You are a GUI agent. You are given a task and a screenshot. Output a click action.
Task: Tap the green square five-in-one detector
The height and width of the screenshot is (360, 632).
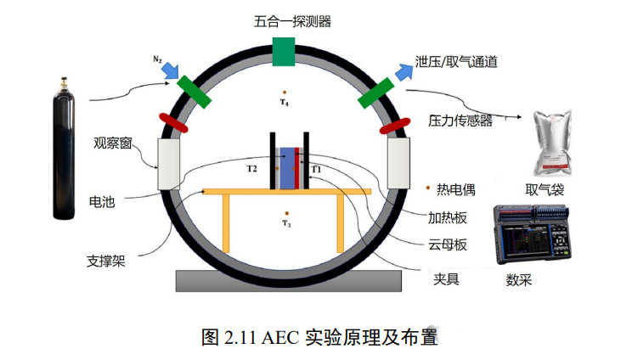(x=284, y=52)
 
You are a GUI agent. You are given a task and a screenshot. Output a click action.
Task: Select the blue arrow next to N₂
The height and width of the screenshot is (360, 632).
(x=170, y=69)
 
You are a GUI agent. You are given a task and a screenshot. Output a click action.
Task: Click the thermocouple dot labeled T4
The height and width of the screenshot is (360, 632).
(x=285, y=92)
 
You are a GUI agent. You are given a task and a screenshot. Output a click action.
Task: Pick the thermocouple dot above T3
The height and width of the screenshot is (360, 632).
(x=287, y=213)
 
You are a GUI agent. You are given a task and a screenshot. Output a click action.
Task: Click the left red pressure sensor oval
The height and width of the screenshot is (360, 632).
(x=174, y=123)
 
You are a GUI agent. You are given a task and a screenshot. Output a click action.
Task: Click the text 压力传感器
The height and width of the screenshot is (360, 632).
(x=460, y=121)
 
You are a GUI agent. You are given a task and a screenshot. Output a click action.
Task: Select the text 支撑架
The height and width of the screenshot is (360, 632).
(x=107, y=260)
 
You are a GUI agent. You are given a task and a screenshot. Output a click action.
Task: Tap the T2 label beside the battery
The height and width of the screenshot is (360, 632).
(x=252, y=169)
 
